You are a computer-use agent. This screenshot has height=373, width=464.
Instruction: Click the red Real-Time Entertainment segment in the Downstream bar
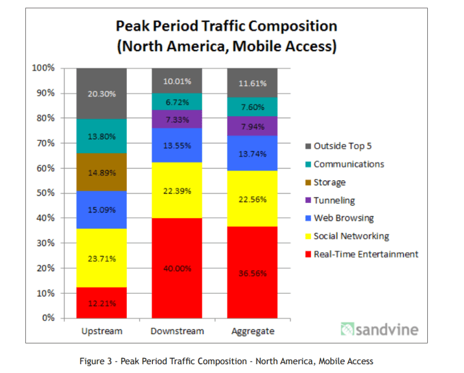pyautogui.click(x=177, y=268)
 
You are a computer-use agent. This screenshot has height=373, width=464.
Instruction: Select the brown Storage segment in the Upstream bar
pyautogui.click(x=102, y=172)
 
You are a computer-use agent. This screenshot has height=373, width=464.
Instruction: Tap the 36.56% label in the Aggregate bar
pyautogui.click(x=253, y=273)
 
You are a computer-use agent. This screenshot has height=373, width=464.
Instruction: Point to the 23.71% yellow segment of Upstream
pyautogui.click(x=102, y=258)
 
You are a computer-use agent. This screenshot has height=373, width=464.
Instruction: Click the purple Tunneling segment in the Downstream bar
pyautogui.click(x=177, y=119)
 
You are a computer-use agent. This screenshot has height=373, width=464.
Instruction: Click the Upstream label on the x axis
pyautogui.click(x=101, y=331)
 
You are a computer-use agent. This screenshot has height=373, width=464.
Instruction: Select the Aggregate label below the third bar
pyautogui.click(x=252, y=331)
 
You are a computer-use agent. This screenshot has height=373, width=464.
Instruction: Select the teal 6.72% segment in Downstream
pyautogui.click(x=177, y=102)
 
